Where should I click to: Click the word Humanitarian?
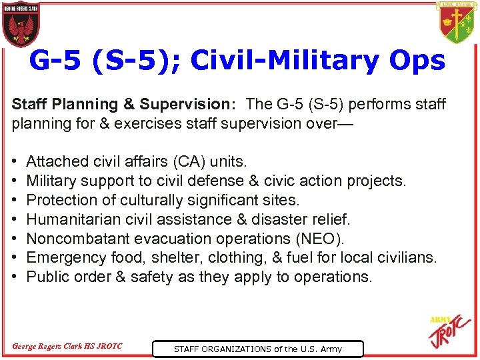(69, 219)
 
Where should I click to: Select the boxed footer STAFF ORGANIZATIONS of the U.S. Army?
(258, 349)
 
